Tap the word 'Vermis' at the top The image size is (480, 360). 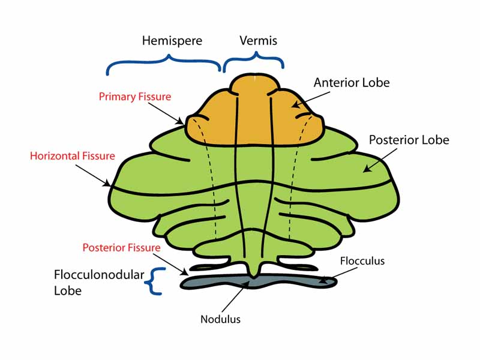pos(258,41)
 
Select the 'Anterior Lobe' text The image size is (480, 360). pos(351,83)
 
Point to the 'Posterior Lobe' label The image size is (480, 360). pos(409,140)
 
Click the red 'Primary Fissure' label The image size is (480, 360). pos(135,97)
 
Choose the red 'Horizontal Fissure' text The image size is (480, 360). pos(72,156)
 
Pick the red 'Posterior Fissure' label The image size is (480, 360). pos(121,247)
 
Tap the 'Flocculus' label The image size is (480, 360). pos(362,261)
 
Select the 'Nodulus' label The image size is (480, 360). pos(220,319)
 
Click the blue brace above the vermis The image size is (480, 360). pos(253,61)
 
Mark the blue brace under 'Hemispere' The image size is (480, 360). pos(164,64)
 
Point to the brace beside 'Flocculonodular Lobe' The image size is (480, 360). pos(157,281)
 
